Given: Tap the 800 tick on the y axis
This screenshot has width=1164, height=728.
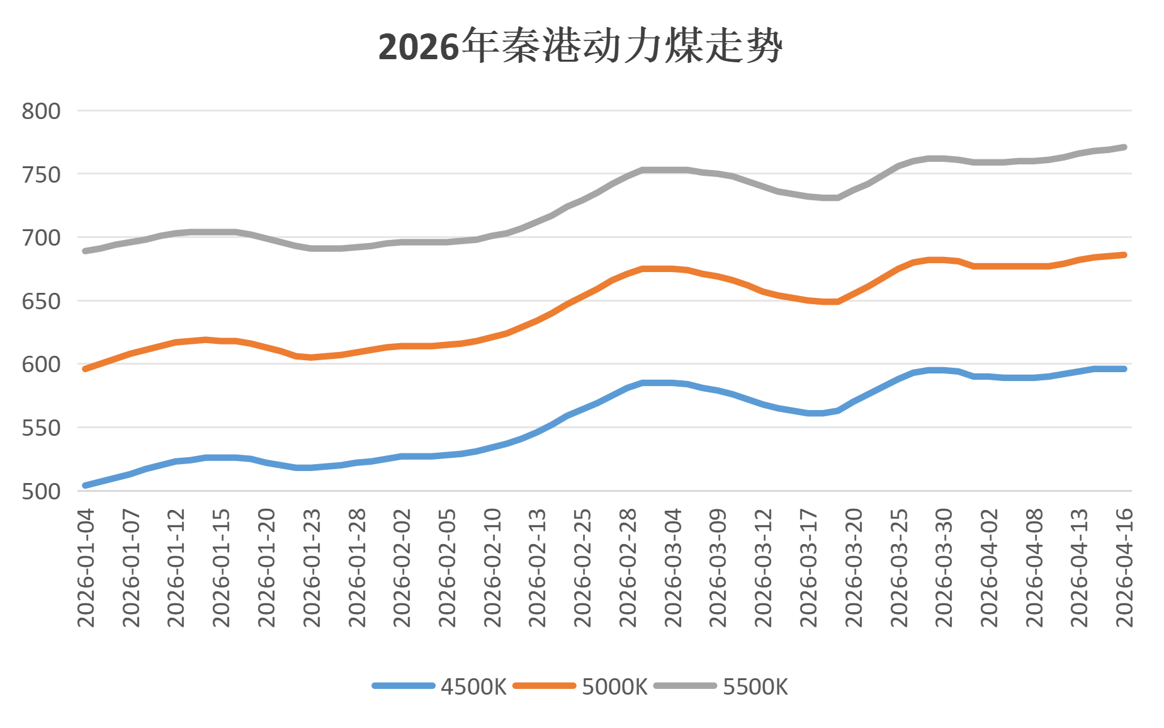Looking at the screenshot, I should (x=42, y=111).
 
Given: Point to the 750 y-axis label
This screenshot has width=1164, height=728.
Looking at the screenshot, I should (x=42, y=174).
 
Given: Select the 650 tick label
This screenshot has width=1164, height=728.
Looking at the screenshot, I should (x=42, y=301).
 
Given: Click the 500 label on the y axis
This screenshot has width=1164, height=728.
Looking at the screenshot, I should (x=42, y=491).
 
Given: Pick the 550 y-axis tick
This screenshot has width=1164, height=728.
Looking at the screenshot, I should (x=42, y=428).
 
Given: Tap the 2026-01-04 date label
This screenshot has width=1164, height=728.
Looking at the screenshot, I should (x=86, y=568).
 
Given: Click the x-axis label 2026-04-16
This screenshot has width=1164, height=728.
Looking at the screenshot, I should (x=1124, y=568).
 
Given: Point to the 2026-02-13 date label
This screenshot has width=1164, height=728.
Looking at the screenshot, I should (x=538, y=568).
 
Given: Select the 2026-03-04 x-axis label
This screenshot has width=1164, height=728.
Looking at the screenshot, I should (x=673, y=568).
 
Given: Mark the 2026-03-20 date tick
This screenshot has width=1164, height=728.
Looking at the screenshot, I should (x=854, y=568).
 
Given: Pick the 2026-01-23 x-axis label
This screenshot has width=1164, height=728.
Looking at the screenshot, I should (x=312, y=568).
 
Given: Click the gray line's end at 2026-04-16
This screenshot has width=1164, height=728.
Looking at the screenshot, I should (x=1124, y=147).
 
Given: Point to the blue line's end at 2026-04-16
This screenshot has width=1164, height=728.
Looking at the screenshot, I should (x=1124, y=368).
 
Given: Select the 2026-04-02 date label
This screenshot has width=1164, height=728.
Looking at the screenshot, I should (x=989, y=568).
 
